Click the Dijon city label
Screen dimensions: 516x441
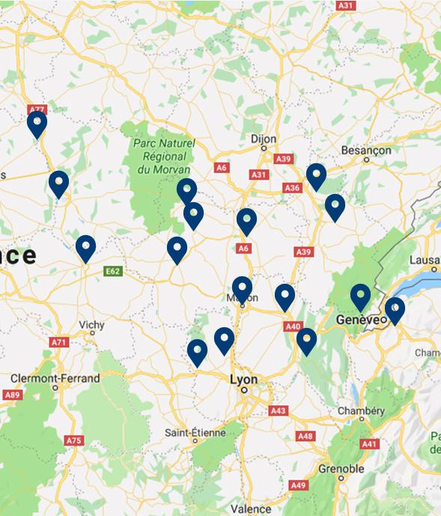click(264, 139)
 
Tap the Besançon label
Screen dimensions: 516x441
click(366, 150)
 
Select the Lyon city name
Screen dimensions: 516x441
click(244, 380)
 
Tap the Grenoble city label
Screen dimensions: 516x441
click(341, 470)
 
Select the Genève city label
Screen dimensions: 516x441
click(354, 319)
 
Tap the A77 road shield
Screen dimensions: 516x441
click(36, 109)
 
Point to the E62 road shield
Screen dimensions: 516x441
click(113, 270)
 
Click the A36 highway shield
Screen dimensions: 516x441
click(293, 188)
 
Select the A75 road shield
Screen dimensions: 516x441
click(73, 440)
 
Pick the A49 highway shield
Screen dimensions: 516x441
click(299, 485)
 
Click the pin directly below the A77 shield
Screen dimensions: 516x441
click(37, 124)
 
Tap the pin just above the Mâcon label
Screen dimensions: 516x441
click(242, 289)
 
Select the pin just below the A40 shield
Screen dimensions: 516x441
click(306, 341)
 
